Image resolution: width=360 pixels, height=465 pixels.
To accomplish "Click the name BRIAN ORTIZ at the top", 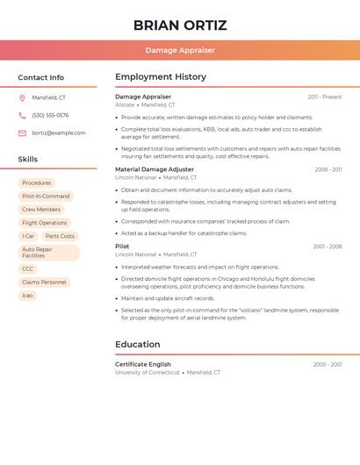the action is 180,25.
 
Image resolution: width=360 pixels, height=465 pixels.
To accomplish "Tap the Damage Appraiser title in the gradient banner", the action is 180,50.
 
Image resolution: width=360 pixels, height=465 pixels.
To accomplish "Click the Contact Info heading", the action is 41,77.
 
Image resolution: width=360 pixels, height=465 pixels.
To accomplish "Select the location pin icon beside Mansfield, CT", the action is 22,97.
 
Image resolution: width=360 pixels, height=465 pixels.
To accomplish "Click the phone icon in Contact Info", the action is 22,115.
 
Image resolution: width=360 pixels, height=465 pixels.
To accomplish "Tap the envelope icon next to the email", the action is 22,132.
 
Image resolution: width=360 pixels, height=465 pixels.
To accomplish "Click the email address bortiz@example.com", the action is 59,132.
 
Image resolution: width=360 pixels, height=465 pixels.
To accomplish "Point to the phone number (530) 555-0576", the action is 50,115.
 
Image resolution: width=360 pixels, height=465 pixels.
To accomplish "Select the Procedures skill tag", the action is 37,182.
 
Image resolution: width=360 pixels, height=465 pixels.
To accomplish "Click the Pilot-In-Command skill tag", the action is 46,197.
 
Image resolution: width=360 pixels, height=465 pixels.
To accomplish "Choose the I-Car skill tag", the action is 28,236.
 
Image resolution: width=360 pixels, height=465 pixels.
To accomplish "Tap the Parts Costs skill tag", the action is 60,236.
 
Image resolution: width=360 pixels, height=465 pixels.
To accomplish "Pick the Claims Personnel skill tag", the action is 44,283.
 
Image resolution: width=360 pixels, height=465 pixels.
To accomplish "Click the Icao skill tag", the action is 27,296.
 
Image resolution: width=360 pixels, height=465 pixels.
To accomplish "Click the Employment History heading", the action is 161,77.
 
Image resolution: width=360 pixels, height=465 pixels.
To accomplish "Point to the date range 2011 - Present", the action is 325,97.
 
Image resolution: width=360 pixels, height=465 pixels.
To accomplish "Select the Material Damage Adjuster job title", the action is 155,169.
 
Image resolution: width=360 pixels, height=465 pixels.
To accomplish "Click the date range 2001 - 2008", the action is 328,247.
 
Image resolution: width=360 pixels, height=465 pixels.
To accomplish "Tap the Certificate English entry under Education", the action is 143,364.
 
